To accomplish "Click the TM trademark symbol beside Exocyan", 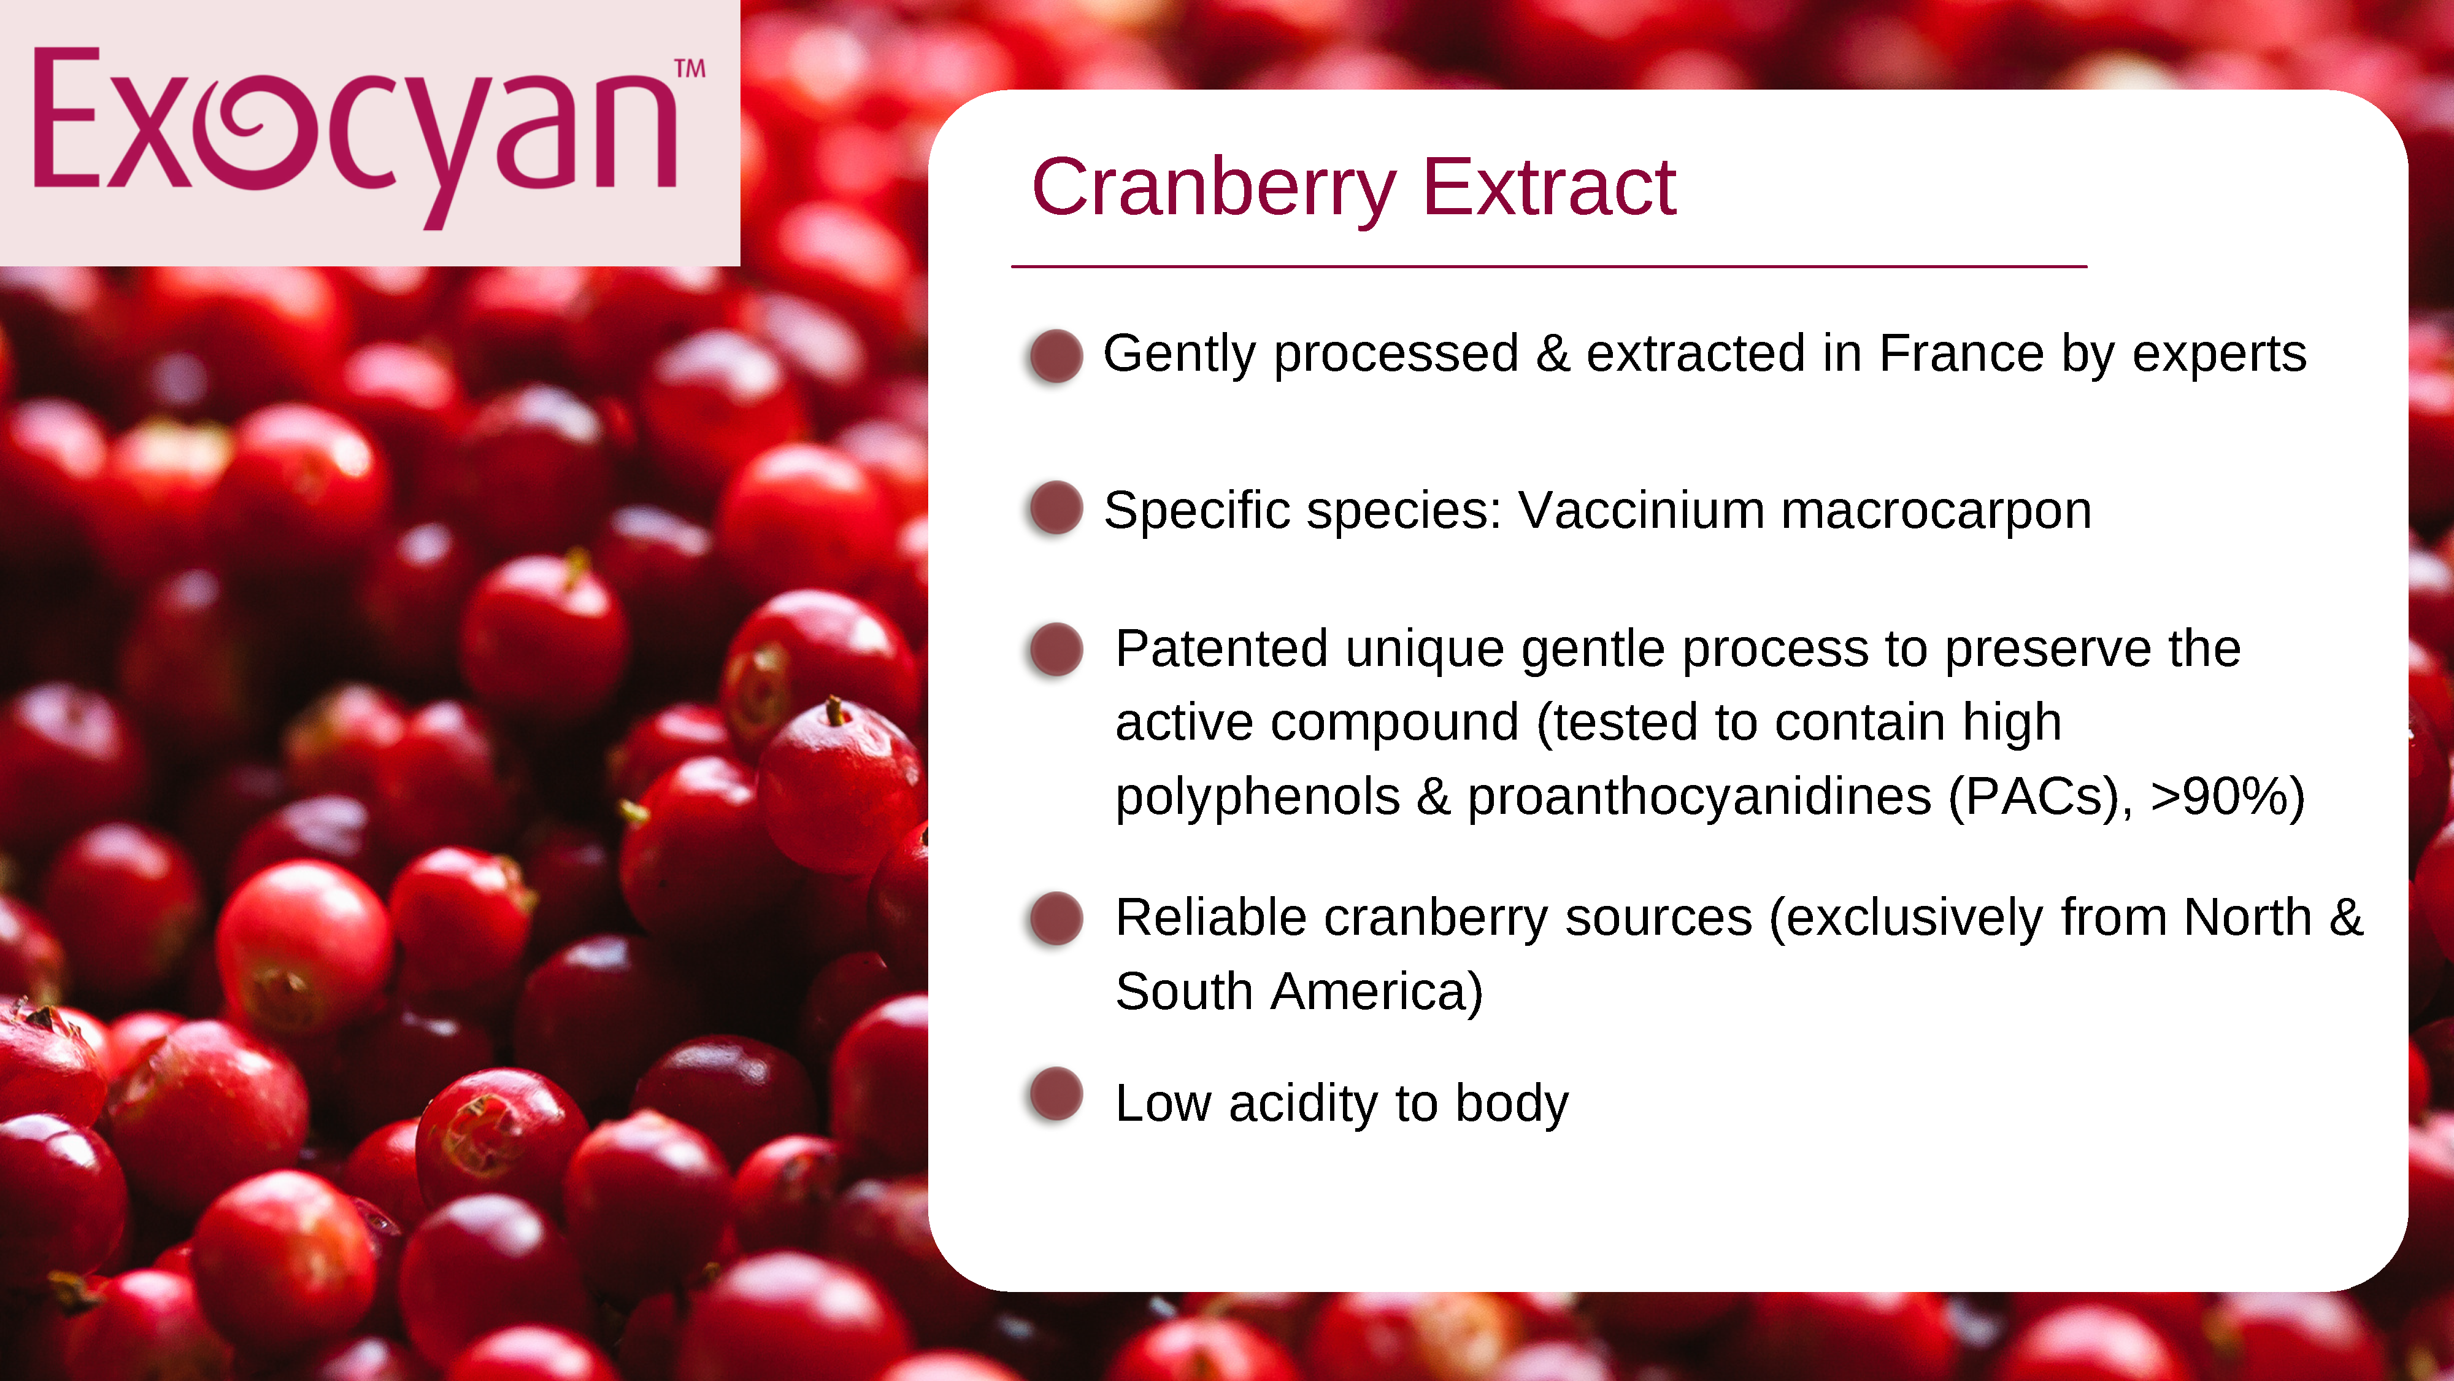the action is tap(690, 69).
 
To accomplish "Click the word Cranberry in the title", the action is tap(1214, 188).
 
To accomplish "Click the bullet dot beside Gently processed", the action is tap(1056, 355).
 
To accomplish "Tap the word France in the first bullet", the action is tap(1961, 354).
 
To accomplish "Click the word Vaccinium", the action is tap(1641, 510).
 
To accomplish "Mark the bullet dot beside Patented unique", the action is tap(1056, 649).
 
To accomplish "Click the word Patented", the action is tap(1221, 649).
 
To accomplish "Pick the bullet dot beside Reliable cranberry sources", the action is tap(1056, 918).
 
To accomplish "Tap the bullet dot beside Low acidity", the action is tap(1056, 1093).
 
